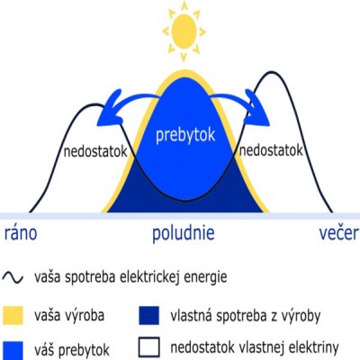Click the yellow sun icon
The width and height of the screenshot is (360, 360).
(x=184, y=31)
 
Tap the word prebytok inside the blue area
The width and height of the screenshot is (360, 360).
(x=185, y=135)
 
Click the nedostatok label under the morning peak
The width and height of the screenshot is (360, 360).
(x=95, y=151)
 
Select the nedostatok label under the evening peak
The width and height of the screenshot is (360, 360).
(x=271, y=150)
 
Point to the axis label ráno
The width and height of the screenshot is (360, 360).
(x=21, y=233)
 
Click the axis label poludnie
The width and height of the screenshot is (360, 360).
(x=184, y=233)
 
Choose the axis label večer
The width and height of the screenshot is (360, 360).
(x=338, y=233)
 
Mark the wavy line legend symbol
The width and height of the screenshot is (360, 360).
(x=13, y=278)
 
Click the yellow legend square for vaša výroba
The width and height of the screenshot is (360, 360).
(x=13, y=315)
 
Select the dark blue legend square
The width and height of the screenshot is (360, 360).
(x=149, y=315)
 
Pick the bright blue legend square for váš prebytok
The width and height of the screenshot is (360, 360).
(x=13, y=350)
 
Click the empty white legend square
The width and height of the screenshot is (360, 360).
(x=149, y=347)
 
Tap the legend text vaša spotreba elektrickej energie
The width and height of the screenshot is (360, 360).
(x=130, y=277)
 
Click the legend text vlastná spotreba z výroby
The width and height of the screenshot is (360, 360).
(x=246, y=316)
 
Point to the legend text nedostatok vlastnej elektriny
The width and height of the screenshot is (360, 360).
(x=255, y=347)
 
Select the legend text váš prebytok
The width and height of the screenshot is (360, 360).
(x=72, y=350)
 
